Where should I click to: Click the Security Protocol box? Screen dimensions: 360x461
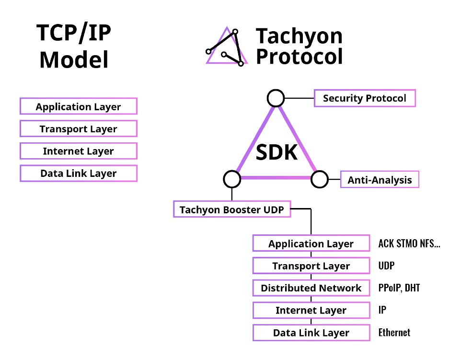(365, 98)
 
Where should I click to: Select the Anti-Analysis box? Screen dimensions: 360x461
(380, 180)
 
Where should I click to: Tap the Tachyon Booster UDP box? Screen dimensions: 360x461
(232, 209)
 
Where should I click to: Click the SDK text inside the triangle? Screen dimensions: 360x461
(277, 152)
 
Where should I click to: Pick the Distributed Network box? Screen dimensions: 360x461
(311, 288)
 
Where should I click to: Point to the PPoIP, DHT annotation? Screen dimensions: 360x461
(399, 288)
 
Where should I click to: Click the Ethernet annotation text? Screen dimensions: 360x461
(394, 333)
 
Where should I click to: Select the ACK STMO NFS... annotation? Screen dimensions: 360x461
(409, 244)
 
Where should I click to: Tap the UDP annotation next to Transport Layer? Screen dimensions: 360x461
(386, 266)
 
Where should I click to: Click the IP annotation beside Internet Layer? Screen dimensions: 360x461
(382, 310)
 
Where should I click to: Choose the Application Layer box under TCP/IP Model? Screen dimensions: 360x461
(79, 106)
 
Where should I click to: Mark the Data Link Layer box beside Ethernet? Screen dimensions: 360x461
(311, 333)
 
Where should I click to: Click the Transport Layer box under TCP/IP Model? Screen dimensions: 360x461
(79, 128)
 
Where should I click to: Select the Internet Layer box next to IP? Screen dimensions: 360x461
(311, 310)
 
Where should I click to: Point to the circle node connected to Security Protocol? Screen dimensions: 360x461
(276, 98)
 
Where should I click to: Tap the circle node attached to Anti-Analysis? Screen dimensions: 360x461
(320, 179)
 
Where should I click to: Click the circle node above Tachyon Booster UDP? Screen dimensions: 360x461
(232, 179)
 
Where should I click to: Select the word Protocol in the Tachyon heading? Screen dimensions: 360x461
(300, 56)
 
